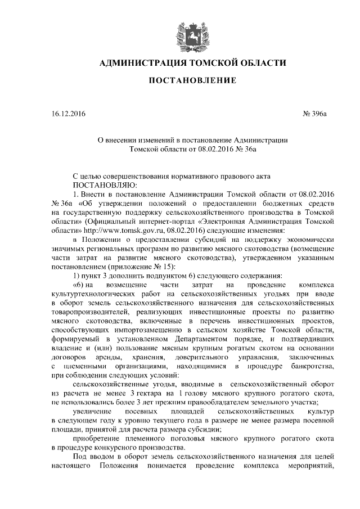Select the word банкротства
point(313,366)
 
